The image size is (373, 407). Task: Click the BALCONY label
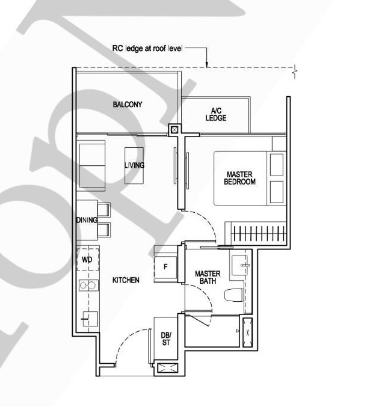[128, 105]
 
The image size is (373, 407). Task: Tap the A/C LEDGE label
[216, 114]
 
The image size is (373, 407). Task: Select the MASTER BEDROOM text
[240, 178]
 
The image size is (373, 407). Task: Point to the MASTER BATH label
[208, 277]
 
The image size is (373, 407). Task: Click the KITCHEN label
[126, 280]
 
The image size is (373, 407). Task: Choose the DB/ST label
[166, 338]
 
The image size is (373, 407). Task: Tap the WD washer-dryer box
[88, 259]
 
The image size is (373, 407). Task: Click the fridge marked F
[165, 267]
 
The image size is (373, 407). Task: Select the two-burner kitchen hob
[88, 286]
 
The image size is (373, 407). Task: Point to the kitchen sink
[90, 319]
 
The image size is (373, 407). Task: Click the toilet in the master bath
[234, 295]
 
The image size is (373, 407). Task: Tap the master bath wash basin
[240, 265]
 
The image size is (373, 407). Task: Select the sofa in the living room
[92, 165]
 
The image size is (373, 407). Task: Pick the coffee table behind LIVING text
[134, 165]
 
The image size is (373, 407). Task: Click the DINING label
[87, 220]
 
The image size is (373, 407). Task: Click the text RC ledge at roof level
[147, 49]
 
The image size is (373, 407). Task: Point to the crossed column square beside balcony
[174, 129]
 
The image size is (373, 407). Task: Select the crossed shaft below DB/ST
[167, 368]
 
